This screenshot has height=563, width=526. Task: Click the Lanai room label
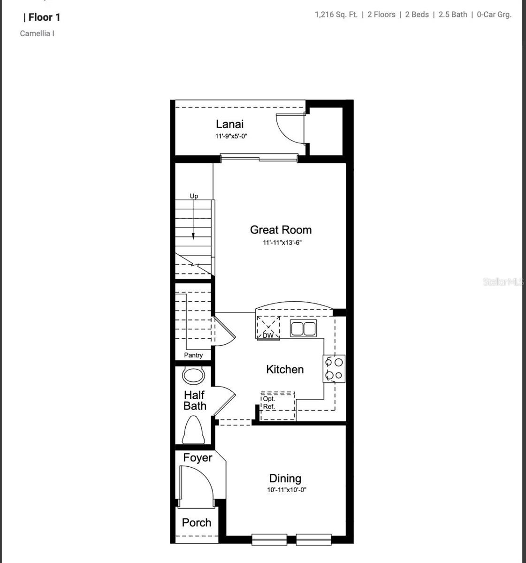pos(229,124)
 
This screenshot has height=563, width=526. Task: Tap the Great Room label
pos(281,229)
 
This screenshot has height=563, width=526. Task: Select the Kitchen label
pos(285,369)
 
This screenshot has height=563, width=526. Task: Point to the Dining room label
pos(285,478)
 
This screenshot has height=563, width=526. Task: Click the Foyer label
pos(198,457)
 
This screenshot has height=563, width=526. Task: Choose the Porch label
pos(197,522)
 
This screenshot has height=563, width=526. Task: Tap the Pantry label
pos(193,355)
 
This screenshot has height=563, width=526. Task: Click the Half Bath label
pos(195,400)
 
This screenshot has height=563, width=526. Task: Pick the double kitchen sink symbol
pos(303,328)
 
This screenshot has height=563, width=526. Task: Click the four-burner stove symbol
pos(334,368)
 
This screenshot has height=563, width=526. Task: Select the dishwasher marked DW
pos(268,328)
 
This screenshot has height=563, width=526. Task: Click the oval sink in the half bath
pos(194,375)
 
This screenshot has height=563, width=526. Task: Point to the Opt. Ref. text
pos(269,403)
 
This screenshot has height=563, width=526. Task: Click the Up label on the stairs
pos(194,196)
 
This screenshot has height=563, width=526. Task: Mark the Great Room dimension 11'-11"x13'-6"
pos(281,243)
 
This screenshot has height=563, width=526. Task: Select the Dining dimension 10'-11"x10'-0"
pos(287,490)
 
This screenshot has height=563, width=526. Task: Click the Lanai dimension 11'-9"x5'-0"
pos(231,136)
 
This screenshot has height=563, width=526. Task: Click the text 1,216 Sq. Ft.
pos(336,15)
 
